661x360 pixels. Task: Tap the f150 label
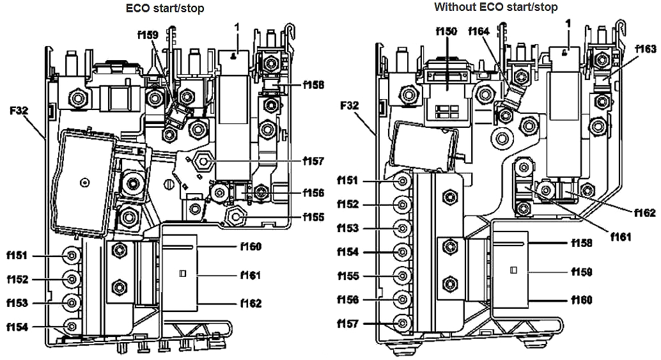446,31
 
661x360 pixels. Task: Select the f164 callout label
479,31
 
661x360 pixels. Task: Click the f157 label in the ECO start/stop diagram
314,161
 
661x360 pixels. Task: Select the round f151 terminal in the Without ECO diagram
402,181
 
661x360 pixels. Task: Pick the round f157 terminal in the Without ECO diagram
402,324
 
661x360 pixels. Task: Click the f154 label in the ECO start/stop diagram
17,327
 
